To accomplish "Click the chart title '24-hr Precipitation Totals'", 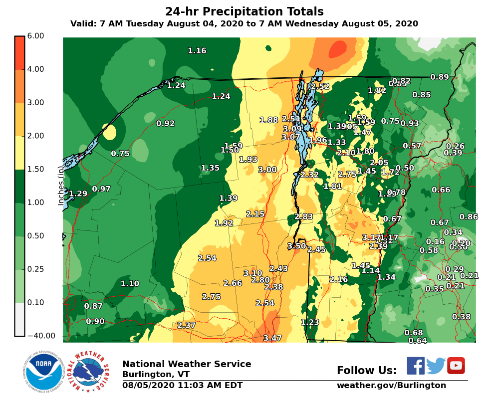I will click(x=244, y=12).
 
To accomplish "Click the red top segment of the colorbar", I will click(x=19, y=52).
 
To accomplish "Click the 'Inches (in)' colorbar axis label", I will click(x=61, y=186).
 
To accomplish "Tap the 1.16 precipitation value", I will click(x=197, y=51).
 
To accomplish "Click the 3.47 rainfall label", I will click(x=272, y=338).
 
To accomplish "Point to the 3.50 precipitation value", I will click(x=296, y=246).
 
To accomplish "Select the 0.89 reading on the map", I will click(x=440, y=77).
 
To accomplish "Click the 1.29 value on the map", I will click(x=78, y=194).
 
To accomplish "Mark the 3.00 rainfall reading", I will click(x=267, y=170).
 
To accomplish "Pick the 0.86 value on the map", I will click(x=469, y=216).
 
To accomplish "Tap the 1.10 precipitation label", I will click(x=130, y=284).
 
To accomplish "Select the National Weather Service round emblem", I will click(x=88, y=372).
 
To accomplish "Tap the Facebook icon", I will click(x=415, y=366).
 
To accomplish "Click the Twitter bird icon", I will click(x=436, y=366).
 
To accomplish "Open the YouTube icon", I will click(x=456, y=366).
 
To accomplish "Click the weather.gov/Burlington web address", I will click(x=391, y=385).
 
